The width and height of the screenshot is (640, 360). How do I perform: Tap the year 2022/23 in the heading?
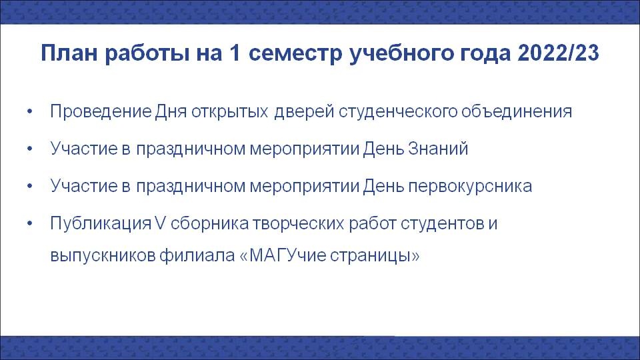tap(558, 53)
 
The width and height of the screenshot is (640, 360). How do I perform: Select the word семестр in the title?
tap(295, 54)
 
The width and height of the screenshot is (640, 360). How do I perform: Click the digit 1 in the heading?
tap(235, 53)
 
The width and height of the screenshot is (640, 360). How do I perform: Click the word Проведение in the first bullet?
tap(101, 111)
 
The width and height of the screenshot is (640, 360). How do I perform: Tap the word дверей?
tap(305, 112)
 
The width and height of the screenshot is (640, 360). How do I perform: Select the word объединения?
tap(517, 112)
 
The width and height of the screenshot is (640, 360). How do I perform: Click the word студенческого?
tap(398, 112)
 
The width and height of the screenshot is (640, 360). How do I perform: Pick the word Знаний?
tap(438, 149)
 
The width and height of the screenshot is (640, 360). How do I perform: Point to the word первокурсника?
tap(470, 187)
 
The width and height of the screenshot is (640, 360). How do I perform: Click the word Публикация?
tap(101, 224)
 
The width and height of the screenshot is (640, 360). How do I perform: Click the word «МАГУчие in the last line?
tap(283, 256)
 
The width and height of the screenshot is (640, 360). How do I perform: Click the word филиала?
tap(197, 256)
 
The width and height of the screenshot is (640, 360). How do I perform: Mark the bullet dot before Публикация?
tap(29, 223)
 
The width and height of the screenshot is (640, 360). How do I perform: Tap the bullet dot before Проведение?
tap(29, 111)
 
